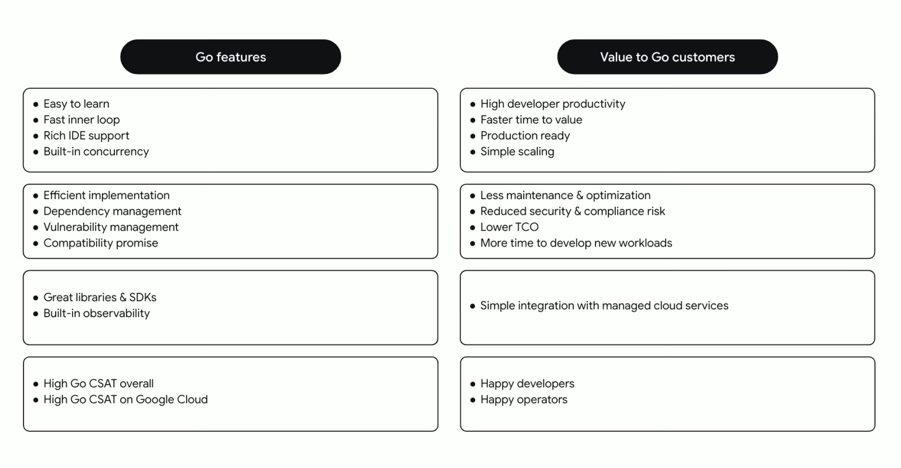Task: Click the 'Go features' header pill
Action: (x=230, y=57)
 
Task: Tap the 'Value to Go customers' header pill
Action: (x=667, y=57)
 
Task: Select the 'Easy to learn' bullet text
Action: (x=76, y=104)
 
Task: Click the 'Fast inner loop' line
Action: (x=82, y=120)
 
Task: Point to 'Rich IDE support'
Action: (x=86, y=136)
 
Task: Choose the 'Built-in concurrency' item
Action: (x=96, y=151)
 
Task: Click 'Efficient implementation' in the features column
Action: (x=106, y=195)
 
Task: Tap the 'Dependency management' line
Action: (x=112, y=211)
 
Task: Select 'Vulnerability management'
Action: (x=111, y=227)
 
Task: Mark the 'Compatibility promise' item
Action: (x=101, y=243)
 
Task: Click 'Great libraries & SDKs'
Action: (x=100, y=297)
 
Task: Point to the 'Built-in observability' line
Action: (x=96, y=313)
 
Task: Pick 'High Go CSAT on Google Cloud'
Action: (x=125, y=400)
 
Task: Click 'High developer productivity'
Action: (x=553, y=104)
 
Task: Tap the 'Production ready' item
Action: (x=525, y=136)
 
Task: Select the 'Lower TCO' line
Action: (x=509, y=227)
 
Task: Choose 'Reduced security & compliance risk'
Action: (x=572, y=211)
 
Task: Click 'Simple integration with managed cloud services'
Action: (x=604, y=306)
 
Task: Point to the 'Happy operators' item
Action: (x=524, y=400)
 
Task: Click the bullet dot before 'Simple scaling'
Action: (x=473, y=152)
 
